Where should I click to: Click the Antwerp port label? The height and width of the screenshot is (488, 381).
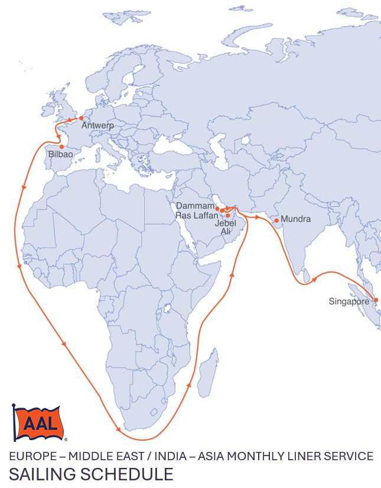pos(97,126)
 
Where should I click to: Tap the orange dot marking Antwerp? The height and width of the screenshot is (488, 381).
pos(81,118)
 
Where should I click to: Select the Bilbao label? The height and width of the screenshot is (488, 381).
pos(61,154)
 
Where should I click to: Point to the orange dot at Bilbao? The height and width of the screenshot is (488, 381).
pos(61,146)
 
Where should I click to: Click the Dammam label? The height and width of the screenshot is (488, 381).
pos(195,206)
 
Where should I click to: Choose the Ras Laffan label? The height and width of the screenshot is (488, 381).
pos(196,215)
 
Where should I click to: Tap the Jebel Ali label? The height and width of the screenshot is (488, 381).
pos(225,228)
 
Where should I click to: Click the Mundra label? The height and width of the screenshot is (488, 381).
pos(295,219)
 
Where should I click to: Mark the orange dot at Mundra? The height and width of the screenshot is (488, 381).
pos(276,220)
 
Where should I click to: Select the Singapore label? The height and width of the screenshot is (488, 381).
pos(349,302)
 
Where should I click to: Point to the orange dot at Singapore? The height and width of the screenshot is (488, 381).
pos(376,300)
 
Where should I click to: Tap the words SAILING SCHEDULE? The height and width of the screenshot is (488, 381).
pos(91,474)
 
